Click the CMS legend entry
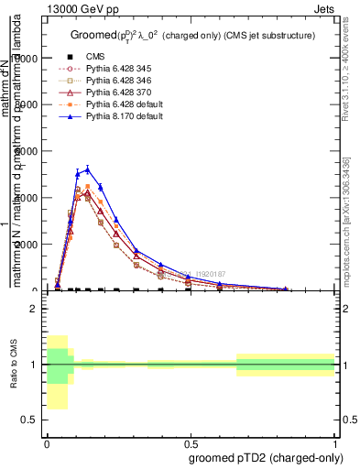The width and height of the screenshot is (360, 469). pos(95,56)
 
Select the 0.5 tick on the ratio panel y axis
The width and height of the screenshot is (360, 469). pos(33,420)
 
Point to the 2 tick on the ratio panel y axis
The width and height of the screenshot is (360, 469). pos(36,309)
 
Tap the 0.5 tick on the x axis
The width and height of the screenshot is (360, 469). pos(191,443)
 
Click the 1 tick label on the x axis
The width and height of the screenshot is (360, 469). pos(335,443)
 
